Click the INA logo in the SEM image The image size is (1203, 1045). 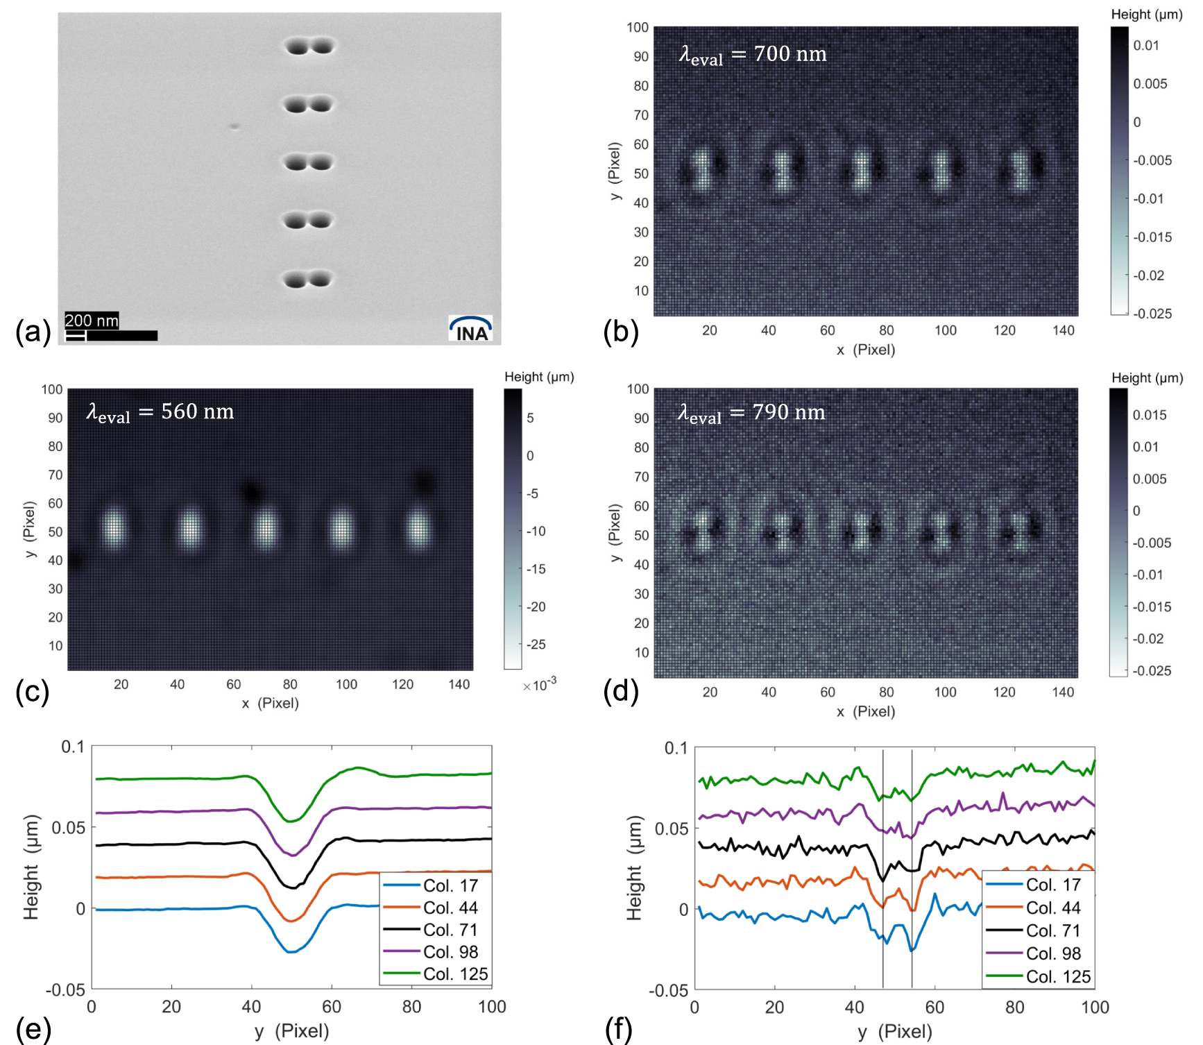tap(471, 329)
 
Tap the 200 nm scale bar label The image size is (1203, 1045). tap(92, 321)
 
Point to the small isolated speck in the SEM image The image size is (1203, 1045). tap(234, 126)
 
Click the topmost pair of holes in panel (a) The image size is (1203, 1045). tap(309, 46)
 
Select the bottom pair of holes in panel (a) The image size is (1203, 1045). tap(308, 280)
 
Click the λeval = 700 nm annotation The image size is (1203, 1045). tap(753, 55)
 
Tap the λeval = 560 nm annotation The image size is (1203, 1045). tap(160, 413)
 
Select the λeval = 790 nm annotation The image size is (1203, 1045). tap(751, 414)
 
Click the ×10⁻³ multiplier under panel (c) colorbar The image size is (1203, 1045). tap(540, 684)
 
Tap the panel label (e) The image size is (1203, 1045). tap(33, 1030)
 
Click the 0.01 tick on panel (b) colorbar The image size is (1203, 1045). tap(1146, 46)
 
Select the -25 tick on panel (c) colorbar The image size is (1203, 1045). tap(536, 645)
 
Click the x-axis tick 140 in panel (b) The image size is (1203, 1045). tap(1064, 330)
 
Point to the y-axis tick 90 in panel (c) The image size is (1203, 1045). tap(56, 418)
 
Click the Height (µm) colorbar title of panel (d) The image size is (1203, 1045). tap(1147, 377)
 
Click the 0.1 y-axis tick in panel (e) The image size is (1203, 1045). tap(73, 747)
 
